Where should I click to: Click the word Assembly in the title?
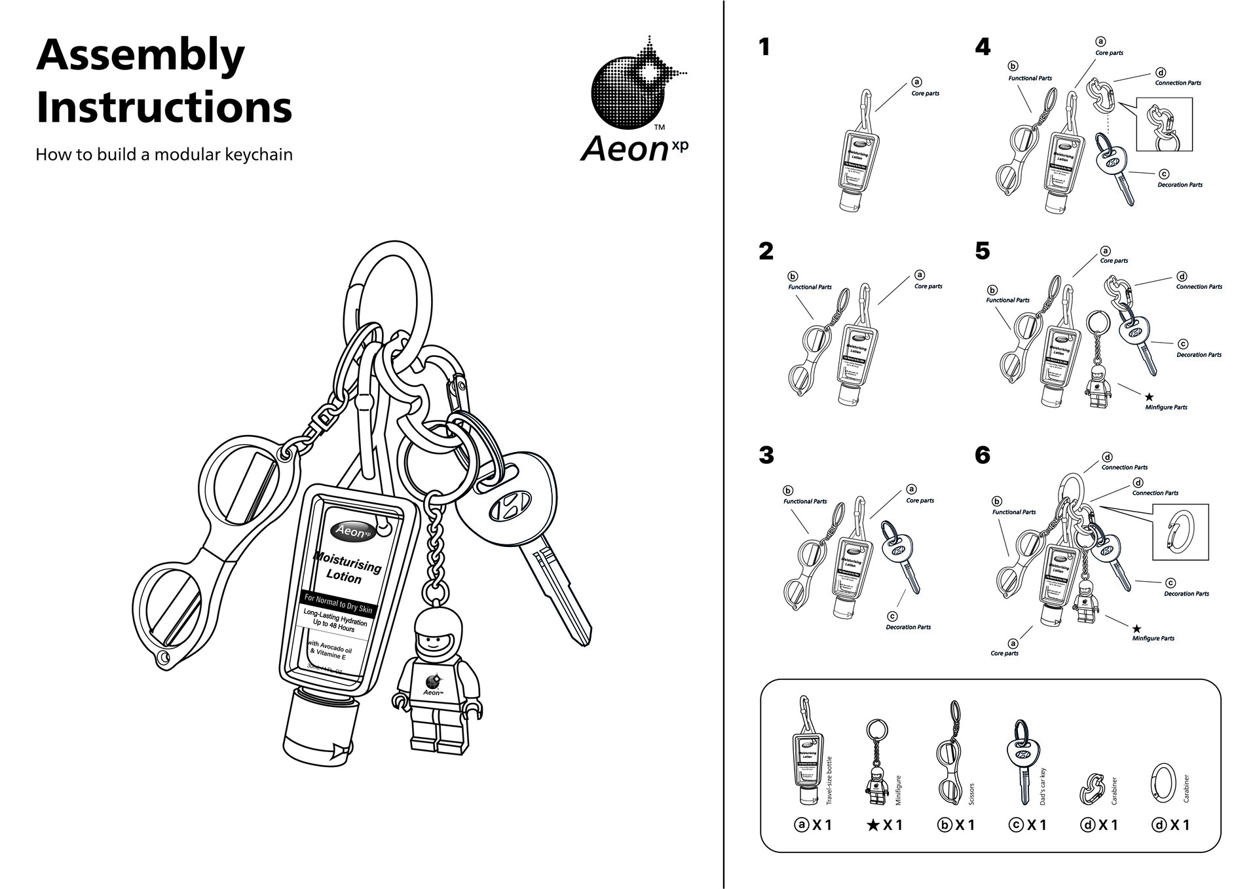coord(140,56)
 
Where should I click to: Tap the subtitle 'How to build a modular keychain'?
coord(164,155)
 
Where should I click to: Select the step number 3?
coord(766,455)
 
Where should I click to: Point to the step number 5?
coord(982,251)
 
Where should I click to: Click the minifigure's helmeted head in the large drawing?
coord(438,632)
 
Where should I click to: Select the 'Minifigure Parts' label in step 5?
coord(1166,407)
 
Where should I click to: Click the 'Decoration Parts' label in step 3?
coord(908,627)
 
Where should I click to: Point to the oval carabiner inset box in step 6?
coord(1180,532)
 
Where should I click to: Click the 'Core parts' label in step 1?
coord(925,94)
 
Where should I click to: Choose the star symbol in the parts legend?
coord(872,825)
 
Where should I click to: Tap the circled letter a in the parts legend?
coord(801,825)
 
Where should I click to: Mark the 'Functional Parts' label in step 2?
coord(810,287)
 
